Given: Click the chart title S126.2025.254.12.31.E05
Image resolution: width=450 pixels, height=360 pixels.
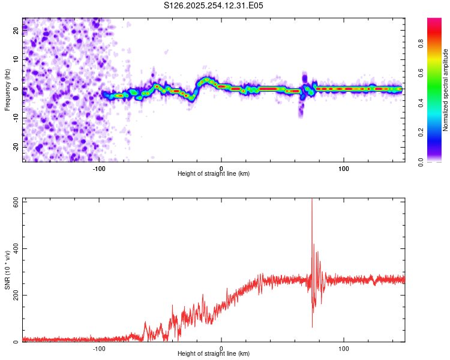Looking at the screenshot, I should (x=214, y=5).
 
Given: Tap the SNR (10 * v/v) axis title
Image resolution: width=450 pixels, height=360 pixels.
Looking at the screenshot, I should (x=7, y=270).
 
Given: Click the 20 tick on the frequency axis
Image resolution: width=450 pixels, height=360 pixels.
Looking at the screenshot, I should (x=17, y=31).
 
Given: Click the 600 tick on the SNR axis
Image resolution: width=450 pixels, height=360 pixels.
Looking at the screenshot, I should (x=14, y=202).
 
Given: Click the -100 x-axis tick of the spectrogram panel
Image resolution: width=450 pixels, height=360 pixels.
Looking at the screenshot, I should (x=99, y=168).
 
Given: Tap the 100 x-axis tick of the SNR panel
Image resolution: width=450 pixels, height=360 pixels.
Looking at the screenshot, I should (x=344, y=348).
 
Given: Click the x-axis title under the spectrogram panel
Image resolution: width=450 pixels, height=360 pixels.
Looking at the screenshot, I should (x=214, y=174).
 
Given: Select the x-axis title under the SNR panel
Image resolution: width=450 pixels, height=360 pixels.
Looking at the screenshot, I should (x=214, y=354).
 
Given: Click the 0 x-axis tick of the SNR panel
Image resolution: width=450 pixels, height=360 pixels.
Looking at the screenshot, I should (x=221, y=348).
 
